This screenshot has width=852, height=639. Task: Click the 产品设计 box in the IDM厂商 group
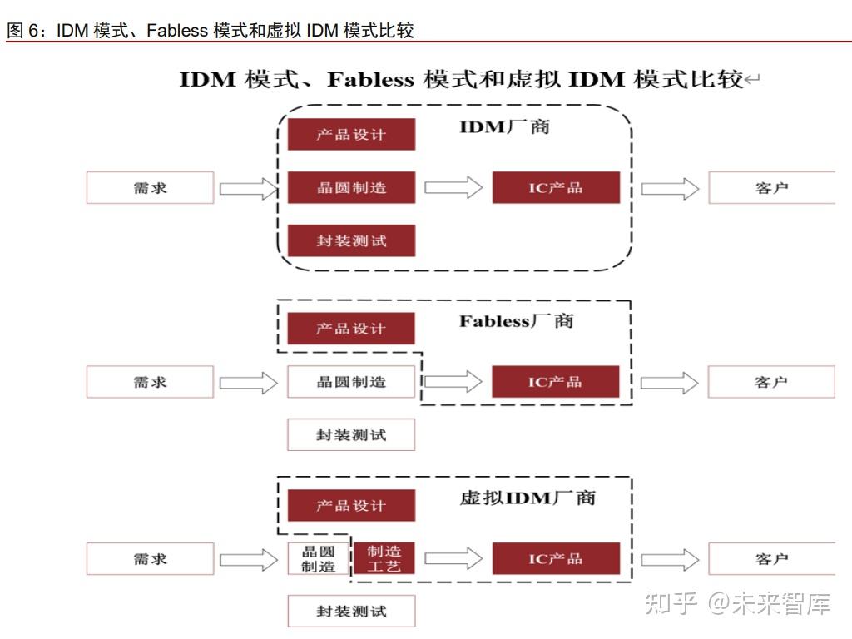tap(351, 134)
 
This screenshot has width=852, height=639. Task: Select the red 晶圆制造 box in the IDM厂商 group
tap(351, 187)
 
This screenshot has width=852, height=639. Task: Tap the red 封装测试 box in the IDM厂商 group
tap(351, 241)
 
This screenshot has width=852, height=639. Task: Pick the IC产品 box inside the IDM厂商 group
tap(556, 187)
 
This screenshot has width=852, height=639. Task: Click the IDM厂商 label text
tap(504, 127)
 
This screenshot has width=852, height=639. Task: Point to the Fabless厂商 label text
tap(516, 321)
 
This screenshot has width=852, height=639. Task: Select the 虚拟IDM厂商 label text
tap(528, 498)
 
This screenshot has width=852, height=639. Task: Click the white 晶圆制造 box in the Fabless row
tap(351, 382)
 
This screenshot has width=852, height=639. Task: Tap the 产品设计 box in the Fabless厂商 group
tap(351, 329)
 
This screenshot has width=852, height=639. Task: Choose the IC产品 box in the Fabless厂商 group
tap(556, 382)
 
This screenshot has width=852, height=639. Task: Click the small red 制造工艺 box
tap(384, 558)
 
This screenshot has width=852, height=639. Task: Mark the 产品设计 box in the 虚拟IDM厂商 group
tap(351, 505)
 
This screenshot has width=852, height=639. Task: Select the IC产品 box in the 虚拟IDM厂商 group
tap(556, 558)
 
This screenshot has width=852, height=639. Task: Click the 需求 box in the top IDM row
tap(151, 187)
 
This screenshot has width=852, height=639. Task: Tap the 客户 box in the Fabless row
tap(771, 382)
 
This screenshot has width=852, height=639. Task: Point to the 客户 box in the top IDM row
tap(771, 187)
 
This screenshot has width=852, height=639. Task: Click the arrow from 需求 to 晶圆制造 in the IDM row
tap(248, 188)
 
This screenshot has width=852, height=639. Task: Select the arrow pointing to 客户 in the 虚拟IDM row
tap(669, 559)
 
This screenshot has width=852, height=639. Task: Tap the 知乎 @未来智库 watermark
tap(738, 603)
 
